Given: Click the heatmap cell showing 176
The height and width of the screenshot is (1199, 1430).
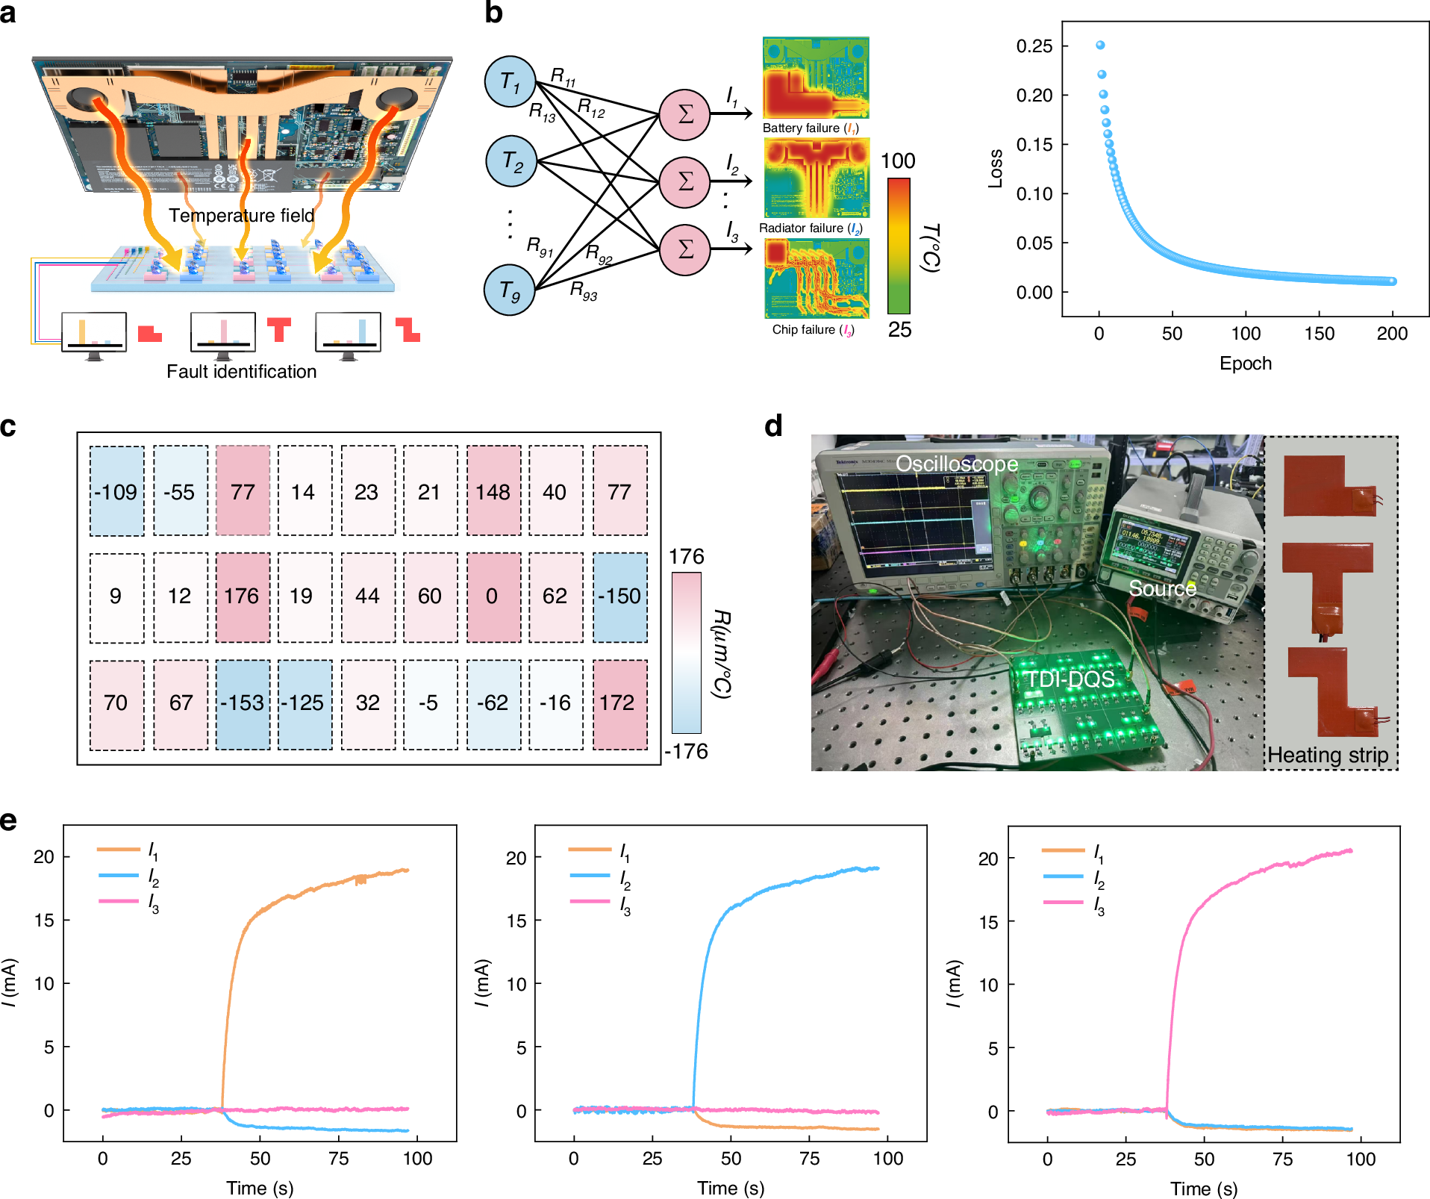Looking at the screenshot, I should [243, 597].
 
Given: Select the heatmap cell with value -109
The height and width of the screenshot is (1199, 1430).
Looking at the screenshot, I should [116, 491].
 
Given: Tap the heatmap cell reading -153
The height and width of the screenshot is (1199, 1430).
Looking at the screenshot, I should [243, 703].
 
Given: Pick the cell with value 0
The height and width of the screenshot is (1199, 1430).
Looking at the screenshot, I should [493, 597].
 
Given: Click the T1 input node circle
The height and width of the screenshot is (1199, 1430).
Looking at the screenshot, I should [511, 81].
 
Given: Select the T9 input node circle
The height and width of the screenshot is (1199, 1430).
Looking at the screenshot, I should [510, 290].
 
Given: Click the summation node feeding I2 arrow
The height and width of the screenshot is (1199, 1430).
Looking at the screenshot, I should [684, 181].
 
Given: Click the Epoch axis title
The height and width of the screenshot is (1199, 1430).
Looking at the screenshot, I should [1245, 364].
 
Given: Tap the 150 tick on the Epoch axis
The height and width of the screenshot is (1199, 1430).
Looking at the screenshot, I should [1319, 334].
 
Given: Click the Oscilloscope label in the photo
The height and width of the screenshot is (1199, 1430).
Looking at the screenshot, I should [956, 464].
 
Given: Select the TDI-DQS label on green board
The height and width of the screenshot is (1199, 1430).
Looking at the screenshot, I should [1070, 679].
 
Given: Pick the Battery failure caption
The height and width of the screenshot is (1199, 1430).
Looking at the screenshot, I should [811, 128].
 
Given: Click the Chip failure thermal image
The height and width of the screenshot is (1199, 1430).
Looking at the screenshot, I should [817, 278].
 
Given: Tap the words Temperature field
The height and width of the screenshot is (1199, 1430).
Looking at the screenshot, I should [241, 216].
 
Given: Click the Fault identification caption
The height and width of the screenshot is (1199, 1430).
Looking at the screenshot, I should [241, 371].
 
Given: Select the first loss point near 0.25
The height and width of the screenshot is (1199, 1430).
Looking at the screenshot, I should [1100, 46].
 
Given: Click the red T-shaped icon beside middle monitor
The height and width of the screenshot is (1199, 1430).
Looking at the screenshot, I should [279, 328].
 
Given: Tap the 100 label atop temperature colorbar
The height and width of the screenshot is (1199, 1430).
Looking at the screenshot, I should [898, 161].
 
